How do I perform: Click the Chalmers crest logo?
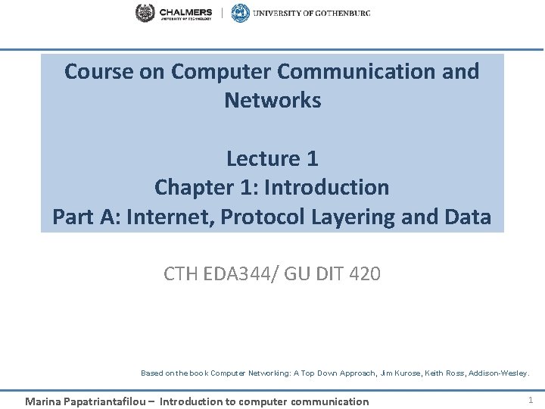[145, 13]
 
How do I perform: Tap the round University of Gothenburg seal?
[240, 13]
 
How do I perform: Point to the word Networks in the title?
[272, 100]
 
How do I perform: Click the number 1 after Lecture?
[313, 158]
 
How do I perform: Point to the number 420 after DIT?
[366, 273]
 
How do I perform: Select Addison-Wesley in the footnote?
[503, 373]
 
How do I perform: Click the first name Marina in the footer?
[43, 401]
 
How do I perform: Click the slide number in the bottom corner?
[530, 399]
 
